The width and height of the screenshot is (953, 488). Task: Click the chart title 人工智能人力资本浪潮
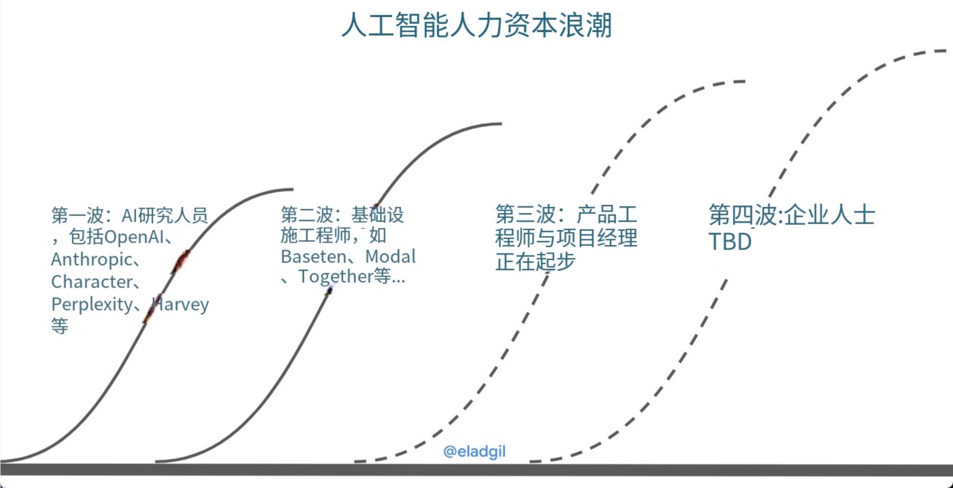coord(476,25)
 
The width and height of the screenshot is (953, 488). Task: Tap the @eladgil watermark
coord(474,451)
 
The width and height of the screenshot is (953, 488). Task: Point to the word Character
coord(92,282)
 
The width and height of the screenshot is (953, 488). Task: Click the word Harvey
coord(181,304)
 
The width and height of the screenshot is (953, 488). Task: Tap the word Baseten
coord(313,256)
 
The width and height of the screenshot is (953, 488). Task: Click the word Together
coord(336,276)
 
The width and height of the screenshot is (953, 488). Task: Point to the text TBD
coord(730,242)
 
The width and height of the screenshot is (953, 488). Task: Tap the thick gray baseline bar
coord(476,469)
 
